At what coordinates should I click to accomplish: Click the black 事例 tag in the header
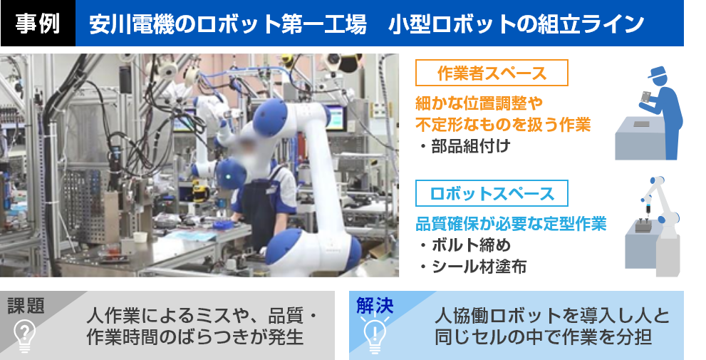coord(38,23)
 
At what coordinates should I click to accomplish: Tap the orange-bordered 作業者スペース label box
coord(492,73)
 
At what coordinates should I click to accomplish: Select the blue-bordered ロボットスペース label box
coord(492,193)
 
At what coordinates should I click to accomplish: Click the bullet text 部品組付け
coord(464,146)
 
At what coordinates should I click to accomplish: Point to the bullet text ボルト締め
coord(464,245)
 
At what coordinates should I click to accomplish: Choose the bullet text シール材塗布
coord(473,267)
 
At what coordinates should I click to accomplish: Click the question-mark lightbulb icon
coord(24,335)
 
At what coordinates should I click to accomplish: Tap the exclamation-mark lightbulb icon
coord(375,334)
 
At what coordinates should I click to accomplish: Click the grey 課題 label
coord(26,306)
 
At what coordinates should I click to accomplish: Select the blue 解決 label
coord(375,306)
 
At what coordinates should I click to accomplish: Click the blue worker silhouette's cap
coord(658,72)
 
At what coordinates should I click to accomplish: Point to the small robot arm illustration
coord(658,216)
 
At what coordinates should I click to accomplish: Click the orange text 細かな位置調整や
coord(479,103)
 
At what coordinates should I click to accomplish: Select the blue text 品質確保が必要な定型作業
coord(511,224)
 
